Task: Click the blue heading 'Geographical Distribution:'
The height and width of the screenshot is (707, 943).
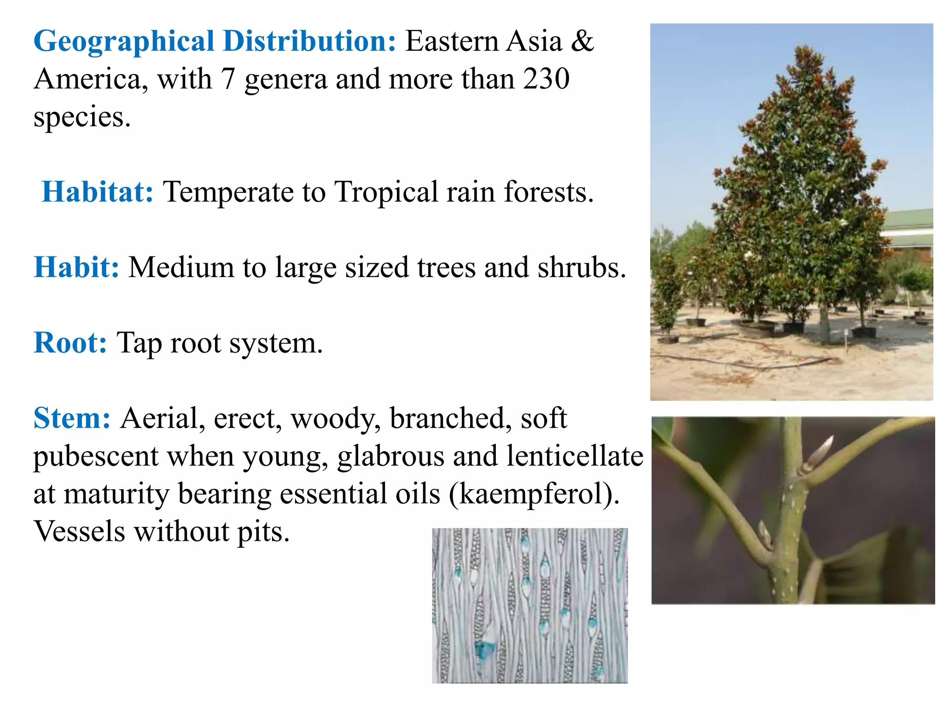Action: [x=215, y=41]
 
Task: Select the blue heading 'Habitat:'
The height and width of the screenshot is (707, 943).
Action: [x=98, y=192]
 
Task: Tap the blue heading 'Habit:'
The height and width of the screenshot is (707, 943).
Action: [x=76, y=267]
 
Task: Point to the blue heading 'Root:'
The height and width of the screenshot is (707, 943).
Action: [x=70, y=343]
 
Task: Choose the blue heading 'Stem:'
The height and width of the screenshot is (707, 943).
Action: [x=72, y=418]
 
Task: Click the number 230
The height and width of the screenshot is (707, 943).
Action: [x=547, y=79]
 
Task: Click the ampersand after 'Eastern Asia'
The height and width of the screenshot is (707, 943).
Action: [x=582, y=41]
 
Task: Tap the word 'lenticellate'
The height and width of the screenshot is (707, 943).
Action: [x=575, y=456]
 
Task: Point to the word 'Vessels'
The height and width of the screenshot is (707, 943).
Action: [x=79, y=532]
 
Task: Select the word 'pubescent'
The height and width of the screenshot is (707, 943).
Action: [x=96, y=456]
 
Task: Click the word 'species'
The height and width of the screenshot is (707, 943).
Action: [x=81, y=118]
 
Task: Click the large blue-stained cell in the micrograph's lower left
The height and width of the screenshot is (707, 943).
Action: [x=484, y=649]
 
